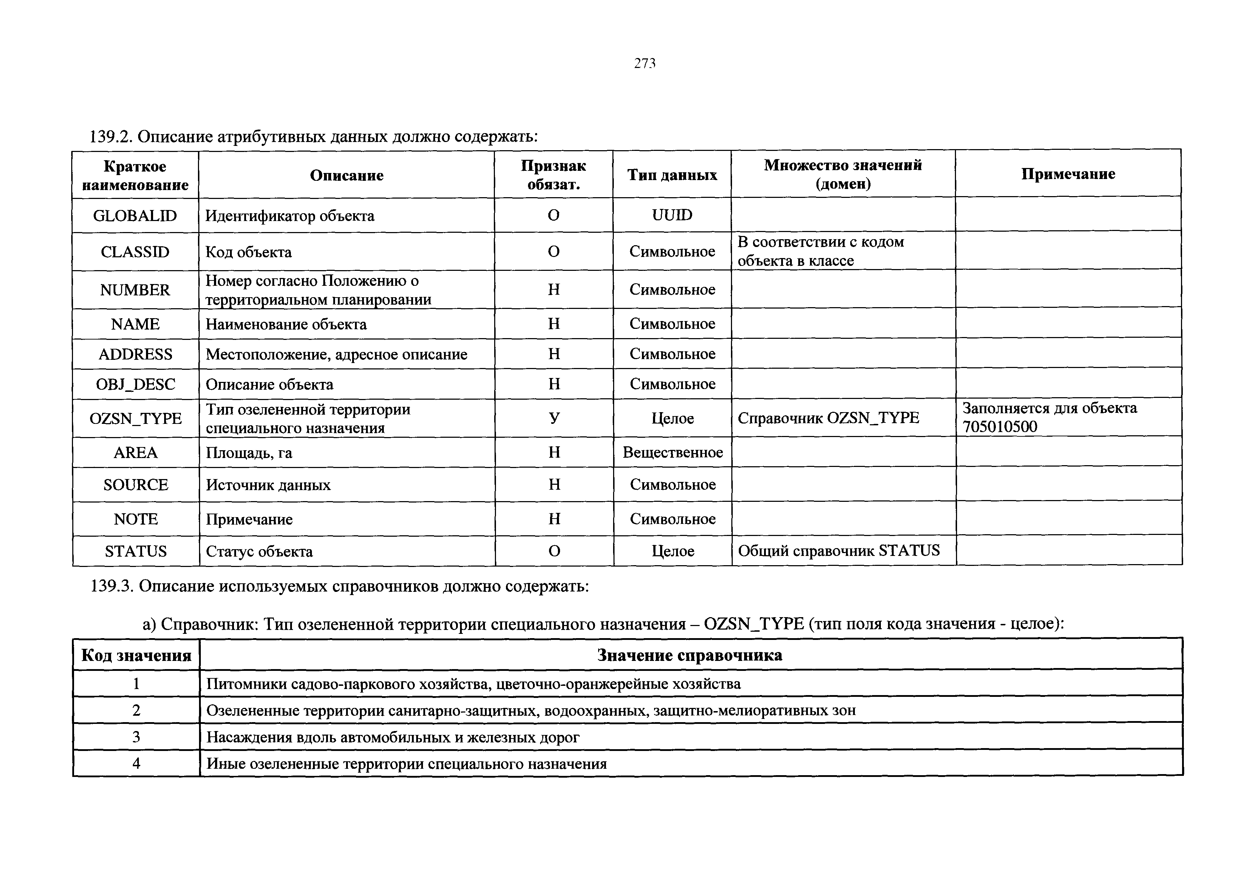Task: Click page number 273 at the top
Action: coord(645,64)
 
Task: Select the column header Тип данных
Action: coord(672,174)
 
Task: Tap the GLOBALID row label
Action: coord(135,216)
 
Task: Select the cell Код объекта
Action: coord(249,252)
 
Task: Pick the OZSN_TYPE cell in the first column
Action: coord(135,418)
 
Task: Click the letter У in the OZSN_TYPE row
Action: coord(554,418)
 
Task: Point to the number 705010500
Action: coord(999,427)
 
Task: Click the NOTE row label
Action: coord(135,519)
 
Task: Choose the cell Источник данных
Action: coord(268,485)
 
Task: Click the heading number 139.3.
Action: coord(111,586)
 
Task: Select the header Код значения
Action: coord(136,655)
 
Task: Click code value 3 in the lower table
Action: coord(136,737)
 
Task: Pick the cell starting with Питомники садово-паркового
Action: coord(473,683)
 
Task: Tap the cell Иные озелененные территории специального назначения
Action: coord(406,764)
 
